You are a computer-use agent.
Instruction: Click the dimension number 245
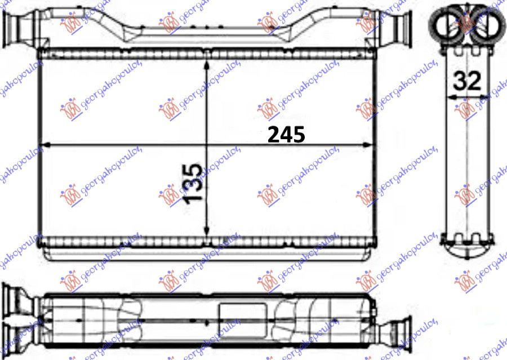point(286,135)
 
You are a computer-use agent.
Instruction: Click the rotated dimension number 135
point(193,184)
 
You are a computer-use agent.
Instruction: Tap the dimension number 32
point(467,81)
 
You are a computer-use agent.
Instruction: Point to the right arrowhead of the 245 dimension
point(366,145)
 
